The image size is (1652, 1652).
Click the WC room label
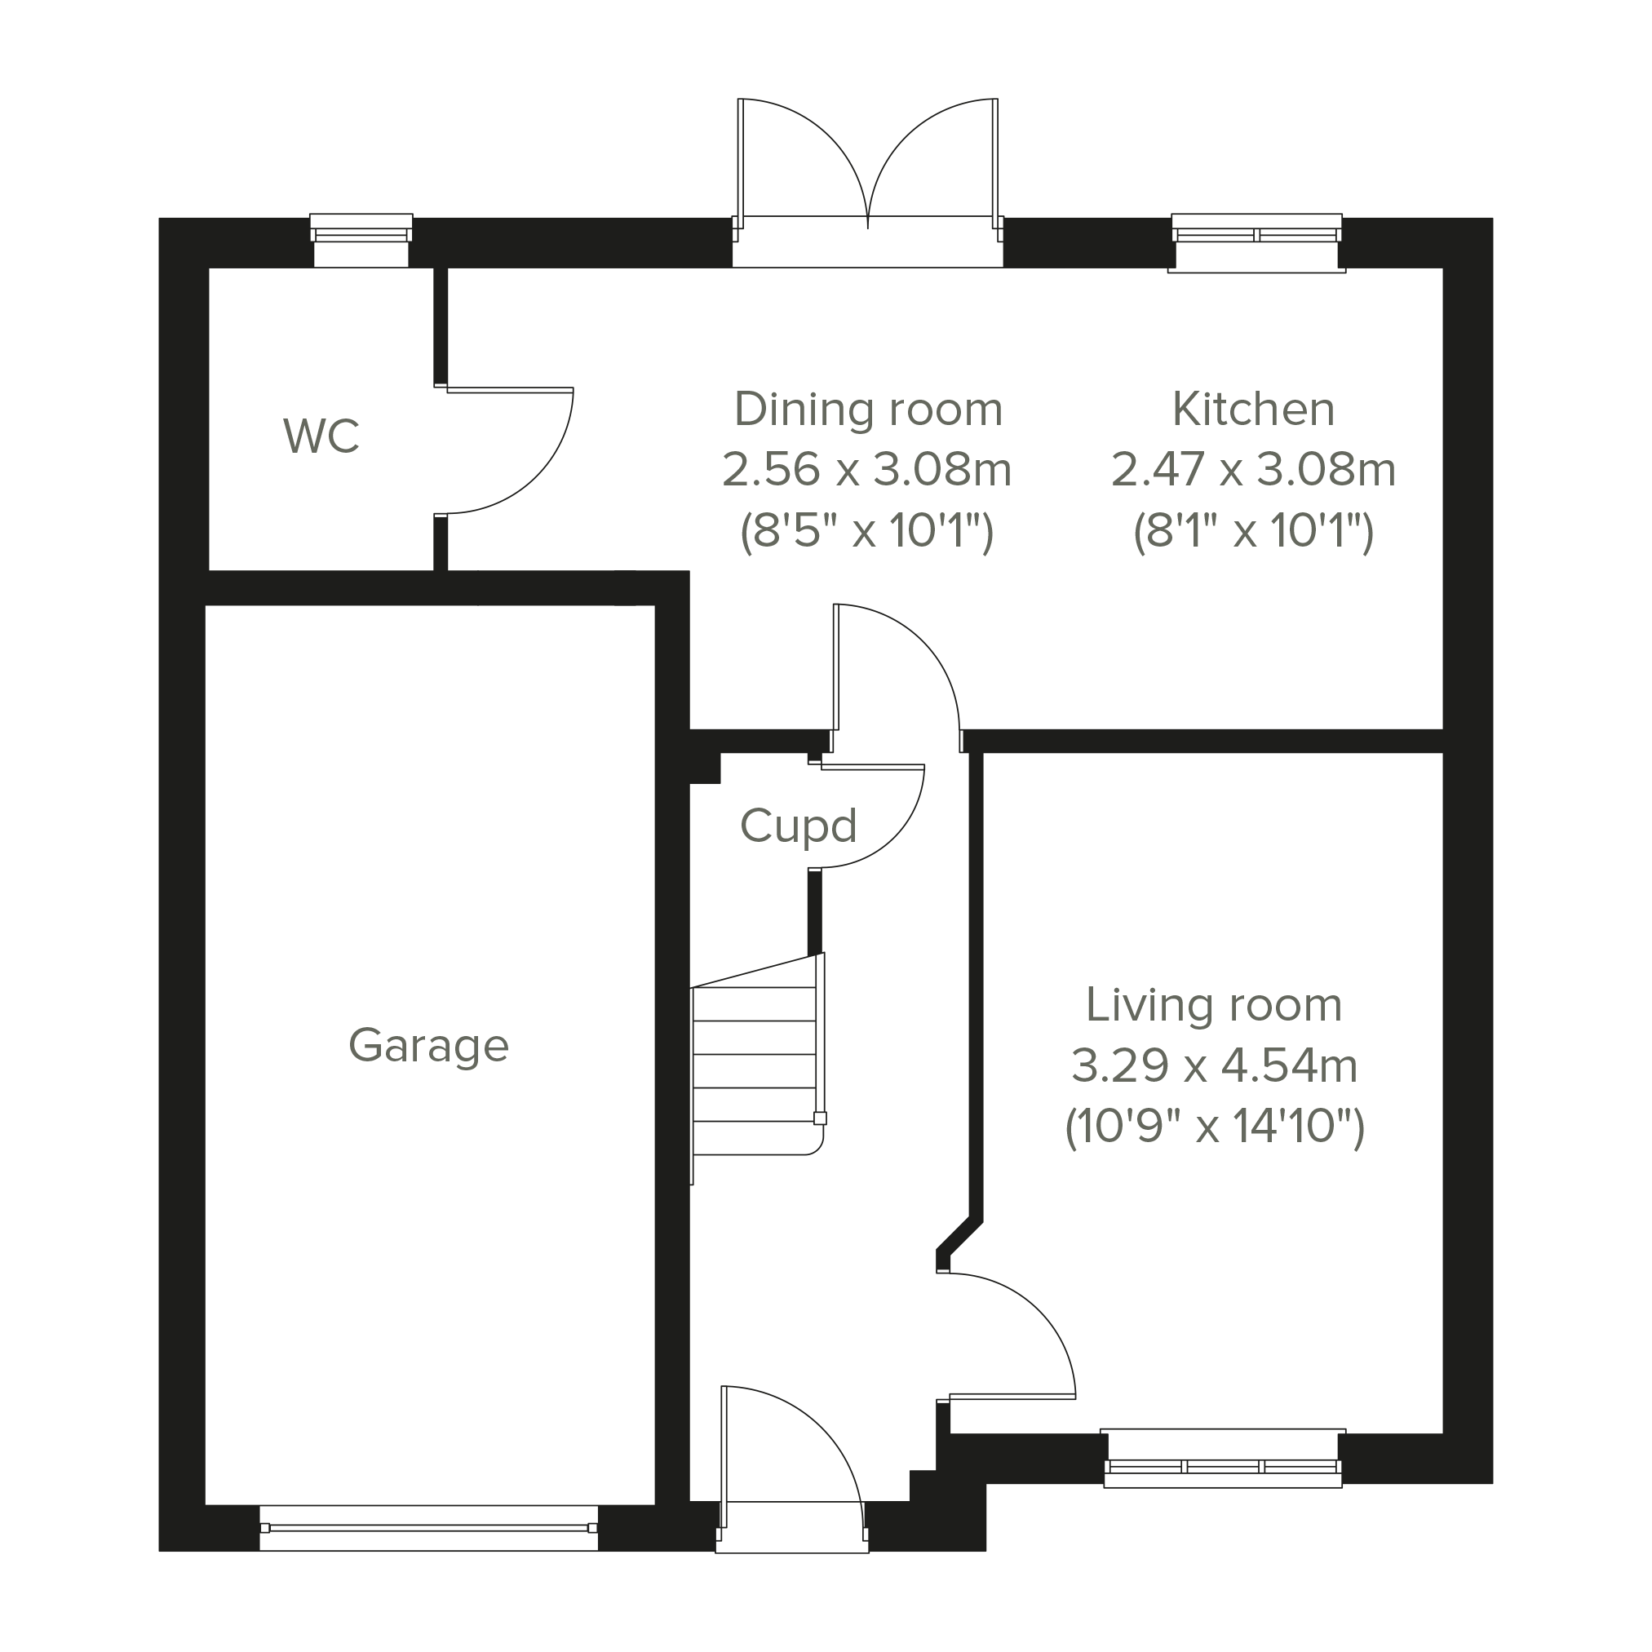point(321,436)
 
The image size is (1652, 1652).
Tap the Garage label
point(428,1046)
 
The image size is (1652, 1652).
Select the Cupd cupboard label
point(798,826)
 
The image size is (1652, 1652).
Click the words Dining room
point(868,409)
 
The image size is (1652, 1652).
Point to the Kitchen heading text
point(1254,409)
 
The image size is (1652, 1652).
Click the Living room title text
point(1213,1005)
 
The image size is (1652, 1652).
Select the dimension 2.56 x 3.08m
point(867,469)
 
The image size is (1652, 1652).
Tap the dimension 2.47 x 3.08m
point(1254,469)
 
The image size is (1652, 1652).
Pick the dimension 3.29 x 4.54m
point(1214,1066)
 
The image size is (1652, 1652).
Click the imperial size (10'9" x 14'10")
point(1214,1127)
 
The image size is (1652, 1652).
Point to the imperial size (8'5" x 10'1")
point(867,531)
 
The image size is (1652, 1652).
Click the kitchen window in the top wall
point(1256,242)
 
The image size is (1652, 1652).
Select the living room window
point(1223,1459)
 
